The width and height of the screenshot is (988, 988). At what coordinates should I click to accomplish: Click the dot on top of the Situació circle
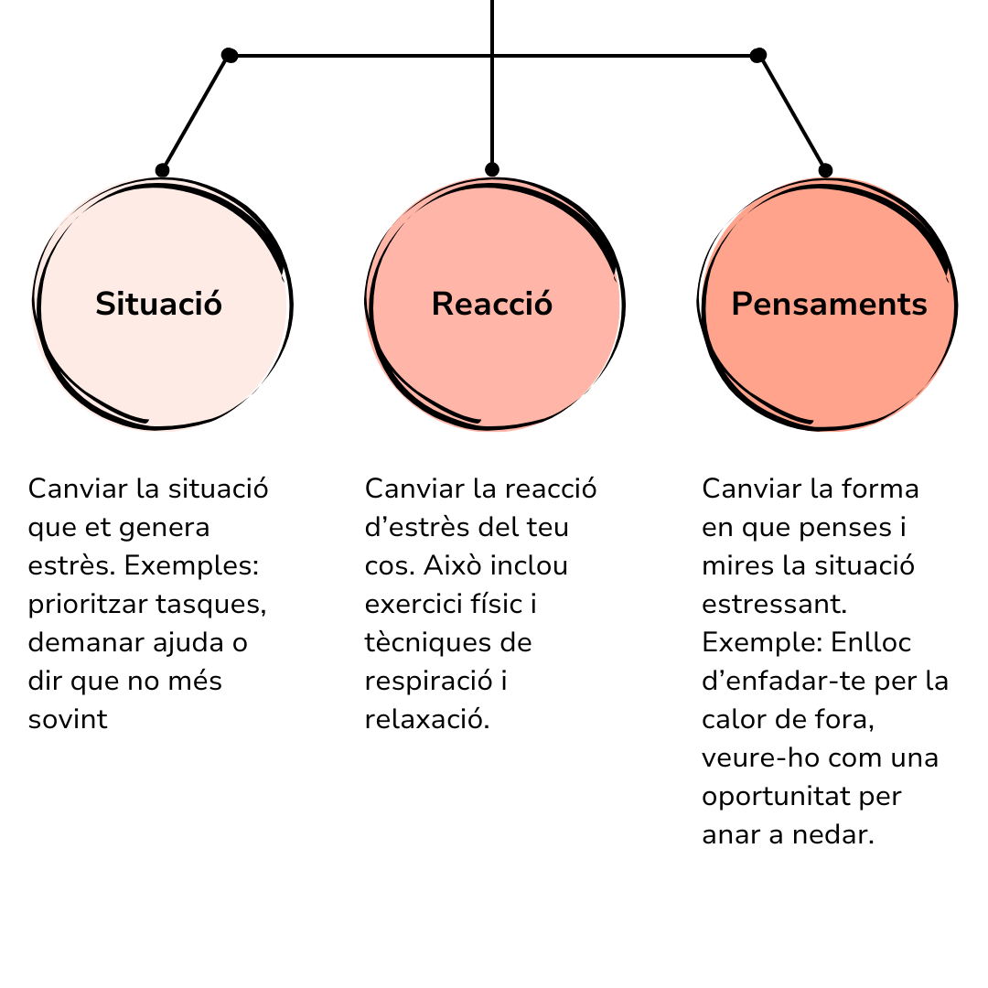162,170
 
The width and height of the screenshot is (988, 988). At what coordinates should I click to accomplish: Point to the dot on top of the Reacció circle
492,169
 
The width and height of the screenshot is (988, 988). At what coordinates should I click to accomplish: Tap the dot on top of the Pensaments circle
825,170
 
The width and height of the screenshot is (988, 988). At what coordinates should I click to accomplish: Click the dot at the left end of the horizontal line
230,56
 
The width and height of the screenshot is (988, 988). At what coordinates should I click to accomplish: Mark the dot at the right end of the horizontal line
758,56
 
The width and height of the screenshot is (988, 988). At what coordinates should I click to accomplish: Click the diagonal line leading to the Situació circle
196,113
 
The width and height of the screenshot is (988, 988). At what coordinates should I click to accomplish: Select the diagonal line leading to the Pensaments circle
792,113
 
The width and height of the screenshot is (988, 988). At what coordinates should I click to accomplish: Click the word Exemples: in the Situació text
191,565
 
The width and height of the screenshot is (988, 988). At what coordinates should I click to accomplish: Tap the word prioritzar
88,605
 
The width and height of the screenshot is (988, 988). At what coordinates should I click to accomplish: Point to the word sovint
68,719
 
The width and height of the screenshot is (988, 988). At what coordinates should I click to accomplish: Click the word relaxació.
427,719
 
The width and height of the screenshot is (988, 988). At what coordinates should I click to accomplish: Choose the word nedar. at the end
833,834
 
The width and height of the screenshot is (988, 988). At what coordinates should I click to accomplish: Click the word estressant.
775,604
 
